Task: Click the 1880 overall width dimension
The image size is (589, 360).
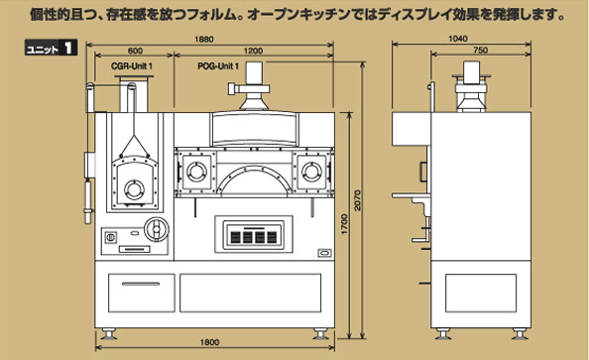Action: click(204, 40)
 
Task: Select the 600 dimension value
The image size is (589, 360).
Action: click(135, 51)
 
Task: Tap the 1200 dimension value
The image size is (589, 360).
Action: click(253, 51)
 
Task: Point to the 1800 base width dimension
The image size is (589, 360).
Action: click(209, 342)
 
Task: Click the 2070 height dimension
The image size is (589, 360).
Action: click(357, 200)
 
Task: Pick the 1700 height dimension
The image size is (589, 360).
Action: click(344, 224)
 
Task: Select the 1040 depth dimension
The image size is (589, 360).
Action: click(458, 39)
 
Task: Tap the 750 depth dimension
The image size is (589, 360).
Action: click(481, 51)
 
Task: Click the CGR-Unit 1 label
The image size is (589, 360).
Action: click(132, 66)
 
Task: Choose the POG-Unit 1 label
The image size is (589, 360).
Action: click(218, 66)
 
